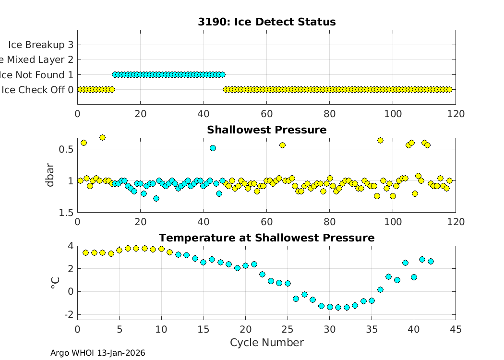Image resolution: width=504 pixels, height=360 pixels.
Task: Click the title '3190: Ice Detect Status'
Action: (266, 22)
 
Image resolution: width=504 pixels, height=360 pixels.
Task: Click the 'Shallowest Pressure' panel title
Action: (266, 130)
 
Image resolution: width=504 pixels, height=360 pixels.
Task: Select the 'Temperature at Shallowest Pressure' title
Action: (266, 238)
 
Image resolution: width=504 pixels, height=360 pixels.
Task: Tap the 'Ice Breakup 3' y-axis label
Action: (41, 45)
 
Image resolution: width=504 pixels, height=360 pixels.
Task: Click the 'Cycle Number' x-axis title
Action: (266, 343)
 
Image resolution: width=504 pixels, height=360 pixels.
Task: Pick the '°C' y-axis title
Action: (55, 280)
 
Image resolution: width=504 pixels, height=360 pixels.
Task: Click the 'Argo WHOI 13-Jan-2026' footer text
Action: (97, 353)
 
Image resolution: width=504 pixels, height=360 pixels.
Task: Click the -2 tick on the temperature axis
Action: (68, 314)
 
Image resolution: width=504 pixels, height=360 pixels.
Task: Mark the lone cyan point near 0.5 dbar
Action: (213, 148)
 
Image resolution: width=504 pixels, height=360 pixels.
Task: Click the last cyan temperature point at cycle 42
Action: (431, 261)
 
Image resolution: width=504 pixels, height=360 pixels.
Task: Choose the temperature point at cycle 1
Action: (86, 252)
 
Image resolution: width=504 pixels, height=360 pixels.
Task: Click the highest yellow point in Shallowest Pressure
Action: (102, 137)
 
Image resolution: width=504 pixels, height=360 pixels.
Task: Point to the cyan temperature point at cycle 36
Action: (380, 289)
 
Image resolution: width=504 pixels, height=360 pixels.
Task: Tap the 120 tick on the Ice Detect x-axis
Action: (456, 114)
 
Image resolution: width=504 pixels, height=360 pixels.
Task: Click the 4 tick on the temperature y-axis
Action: (71, 246)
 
